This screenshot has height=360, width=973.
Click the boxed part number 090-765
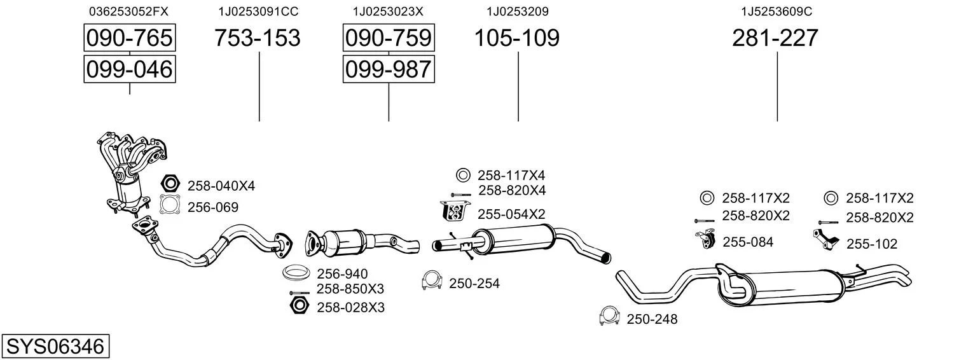pyautogui.click(x=130, y=38)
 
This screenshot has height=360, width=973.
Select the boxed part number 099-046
pyautogui.click(x=130, y=69)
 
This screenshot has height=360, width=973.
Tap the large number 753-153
pyautogui.click(x=257, y=38)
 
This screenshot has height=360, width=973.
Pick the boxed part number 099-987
pyautogui.click(x=389, y=69)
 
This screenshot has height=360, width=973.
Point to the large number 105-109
pyautogui.click(x=517, y=38)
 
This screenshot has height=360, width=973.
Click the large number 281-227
pyautogui.click(x=775, y=38)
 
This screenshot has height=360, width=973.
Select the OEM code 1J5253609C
pyautogui.click(x=776, y=11)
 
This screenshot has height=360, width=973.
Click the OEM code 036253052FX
pyautogui.click(x=128, y=11)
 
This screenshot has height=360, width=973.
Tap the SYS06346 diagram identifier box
pyautogui.click(x=55, y=346)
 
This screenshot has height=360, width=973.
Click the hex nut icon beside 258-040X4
pyautogui.click(x=170, y=183)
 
